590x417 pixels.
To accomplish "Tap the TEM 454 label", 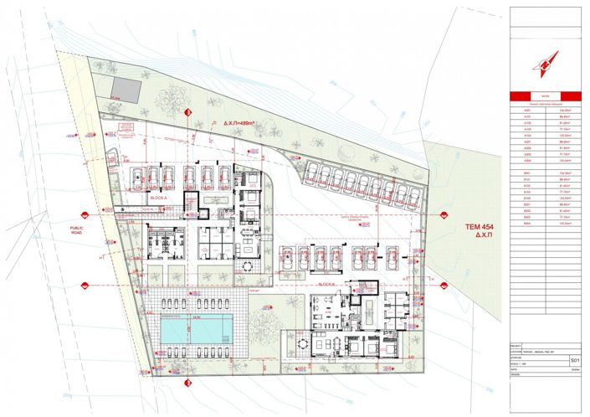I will pyautogui.click(x=475, y=226).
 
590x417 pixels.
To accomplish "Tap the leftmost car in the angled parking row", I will pyautogui.click(x=310, y=173).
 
